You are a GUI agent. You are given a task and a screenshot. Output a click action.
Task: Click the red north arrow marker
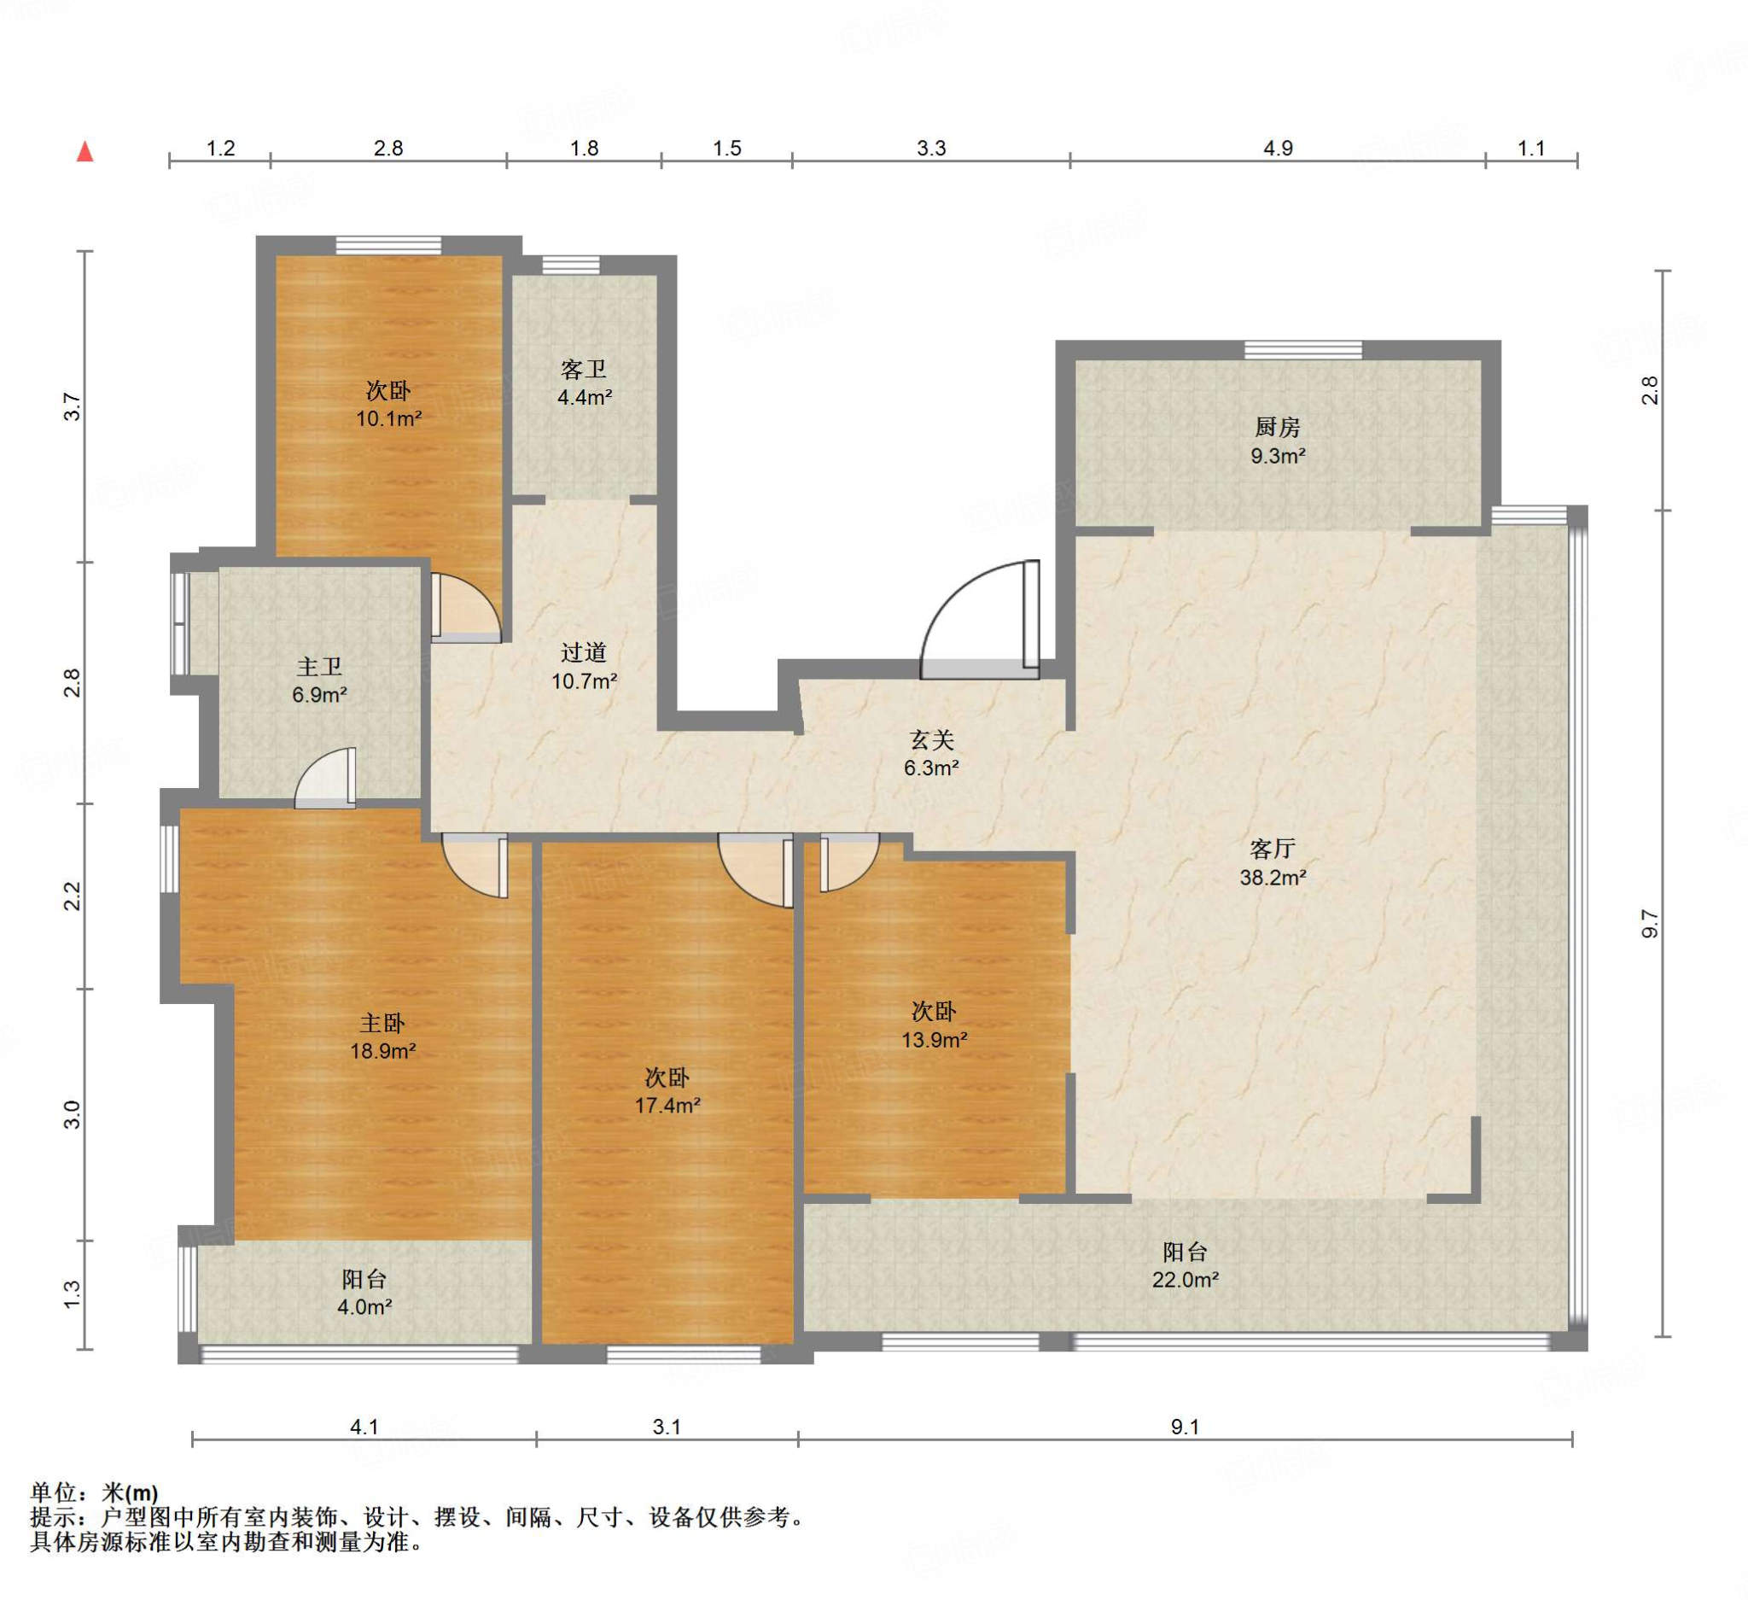click(85, 152)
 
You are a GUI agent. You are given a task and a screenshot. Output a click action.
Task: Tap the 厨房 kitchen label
click(1277, 427)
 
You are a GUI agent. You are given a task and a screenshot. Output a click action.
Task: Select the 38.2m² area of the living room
click(1273, 877)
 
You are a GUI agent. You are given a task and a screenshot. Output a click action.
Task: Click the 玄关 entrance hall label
click(931, 739)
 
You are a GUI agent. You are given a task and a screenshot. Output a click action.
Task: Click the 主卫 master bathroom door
click(325, 778)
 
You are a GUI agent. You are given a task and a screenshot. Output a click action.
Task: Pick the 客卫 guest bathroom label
click(584, 370)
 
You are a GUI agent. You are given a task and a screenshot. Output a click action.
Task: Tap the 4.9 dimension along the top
click(1277, 149)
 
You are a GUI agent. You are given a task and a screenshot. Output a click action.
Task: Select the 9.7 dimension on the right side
click(1649, 924)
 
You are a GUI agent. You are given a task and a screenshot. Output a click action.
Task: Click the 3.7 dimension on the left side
click(72, 406)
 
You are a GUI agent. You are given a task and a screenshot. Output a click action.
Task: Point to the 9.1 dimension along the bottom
click(1185, 1427)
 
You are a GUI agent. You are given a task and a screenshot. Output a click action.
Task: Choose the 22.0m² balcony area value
click(1186, 1279)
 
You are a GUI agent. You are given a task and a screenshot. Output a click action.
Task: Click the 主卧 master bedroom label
click(382, 1024)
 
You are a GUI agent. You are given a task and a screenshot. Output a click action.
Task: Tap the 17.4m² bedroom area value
click(667, 1105)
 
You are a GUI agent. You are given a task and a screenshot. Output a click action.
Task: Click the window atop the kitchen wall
click(1302, 349)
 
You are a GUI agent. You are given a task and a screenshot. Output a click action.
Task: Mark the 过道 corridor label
click(584, 652)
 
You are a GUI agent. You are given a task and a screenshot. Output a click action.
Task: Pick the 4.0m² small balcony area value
click(364, 1306)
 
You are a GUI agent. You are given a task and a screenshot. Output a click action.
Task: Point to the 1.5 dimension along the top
click(726, 149)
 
